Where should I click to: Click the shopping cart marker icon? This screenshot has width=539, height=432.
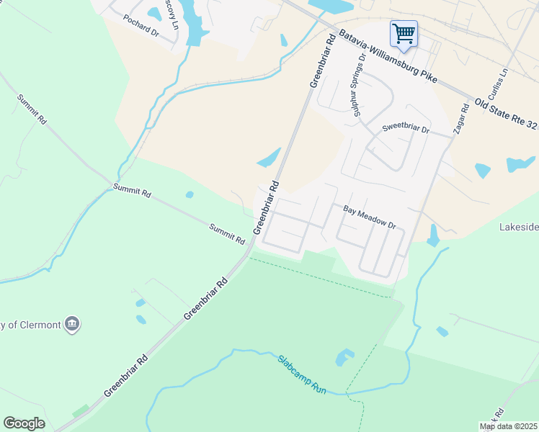404,33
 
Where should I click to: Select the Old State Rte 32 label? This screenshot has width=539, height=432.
507,114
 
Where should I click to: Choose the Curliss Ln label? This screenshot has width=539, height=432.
499,85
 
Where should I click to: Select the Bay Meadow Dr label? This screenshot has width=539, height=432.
370,217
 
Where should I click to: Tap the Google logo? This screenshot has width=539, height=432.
24,423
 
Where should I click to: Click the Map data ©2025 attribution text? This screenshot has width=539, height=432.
508,426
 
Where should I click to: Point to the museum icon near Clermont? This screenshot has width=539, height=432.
72,325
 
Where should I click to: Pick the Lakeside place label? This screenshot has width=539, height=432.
519,227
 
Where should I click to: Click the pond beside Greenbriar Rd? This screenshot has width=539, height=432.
269,158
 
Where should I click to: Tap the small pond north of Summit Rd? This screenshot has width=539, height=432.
190,194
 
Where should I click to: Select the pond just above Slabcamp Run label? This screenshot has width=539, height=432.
344,356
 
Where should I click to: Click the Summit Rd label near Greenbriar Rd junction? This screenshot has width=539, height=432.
228,233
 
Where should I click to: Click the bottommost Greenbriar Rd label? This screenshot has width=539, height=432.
127,375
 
